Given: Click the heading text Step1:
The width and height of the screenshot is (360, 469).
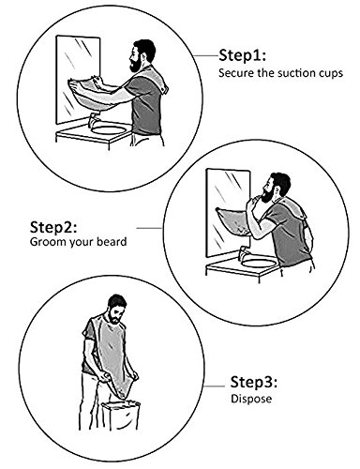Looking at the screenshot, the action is click(x=242, y=55).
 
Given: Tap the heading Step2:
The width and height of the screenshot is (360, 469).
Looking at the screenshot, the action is click(x=53, y=227).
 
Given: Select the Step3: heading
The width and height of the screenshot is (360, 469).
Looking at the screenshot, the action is click(x=254, y=382).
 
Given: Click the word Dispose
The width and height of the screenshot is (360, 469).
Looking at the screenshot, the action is click(x=251, y=399).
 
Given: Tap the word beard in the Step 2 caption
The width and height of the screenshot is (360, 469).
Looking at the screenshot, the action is click(x=112, y=241).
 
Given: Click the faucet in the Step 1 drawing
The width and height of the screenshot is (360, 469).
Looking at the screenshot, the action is click(x=93, y=120).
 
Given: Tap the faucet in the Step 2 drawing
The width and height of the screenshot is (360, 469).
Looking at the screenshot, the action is click(x=243, y=252).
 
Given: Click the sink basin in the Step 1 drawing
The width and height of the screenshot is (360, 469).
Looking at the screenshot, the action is click(x=109, y=129).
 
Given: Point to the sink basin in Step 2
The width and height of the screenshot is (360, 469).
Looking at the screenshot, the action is click(x=259, y=263).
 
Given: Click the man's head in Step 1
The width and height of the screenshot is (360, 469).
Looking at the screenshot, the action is click(x=142, y=55).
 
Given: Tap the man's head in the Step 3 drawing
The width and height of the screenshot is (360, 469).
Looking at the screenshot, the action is click(x=117, y=309).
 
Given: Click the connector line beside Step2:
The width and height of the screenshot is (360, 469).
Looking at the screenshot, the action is click(x=150, y=228).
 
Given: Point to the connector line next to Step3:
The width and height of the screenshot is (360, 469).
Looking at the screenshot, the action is click(x=215, y=386).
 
